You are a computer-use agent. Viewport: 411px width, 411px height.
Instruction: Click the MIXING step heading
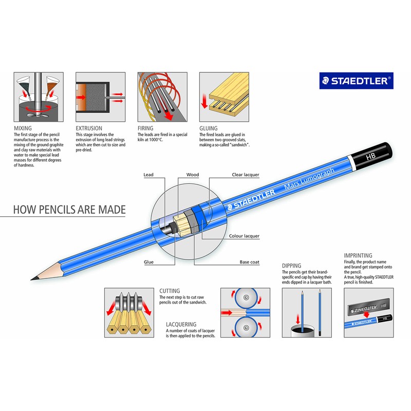click(23, 128)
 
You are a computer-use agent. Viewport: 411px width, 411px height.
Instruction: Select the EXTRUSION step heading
click(89, 128)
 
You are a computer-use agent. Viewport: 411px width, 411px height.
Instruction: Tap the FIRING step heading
click(146, 128)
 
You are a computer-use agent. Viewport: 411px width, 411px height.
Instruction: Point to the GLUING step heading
click(209, 128)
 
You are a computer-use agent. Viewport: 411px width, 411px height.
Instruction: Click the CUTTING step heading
click(170, 291)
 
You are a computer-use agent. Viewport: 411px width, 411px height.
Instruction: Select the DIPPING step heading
click(291, 266)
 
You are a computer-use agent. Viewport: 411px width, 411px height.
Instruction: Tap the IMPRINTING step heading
click(358, 255)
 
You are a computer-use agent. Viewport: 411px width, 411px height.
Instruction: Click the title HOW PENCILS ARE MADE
click(69, 210)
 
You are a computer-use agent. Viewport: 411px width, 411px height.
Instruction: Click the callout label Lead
click(148, 175)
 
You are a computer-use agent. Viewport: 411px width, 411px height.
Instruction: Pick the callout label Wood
click(193, 175)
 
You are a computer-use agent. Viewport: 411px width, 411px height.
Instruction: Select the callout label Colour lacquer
click(244, 236)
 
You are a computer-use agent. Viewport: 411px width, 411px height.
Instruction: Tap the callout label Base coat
click(250, 262)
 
